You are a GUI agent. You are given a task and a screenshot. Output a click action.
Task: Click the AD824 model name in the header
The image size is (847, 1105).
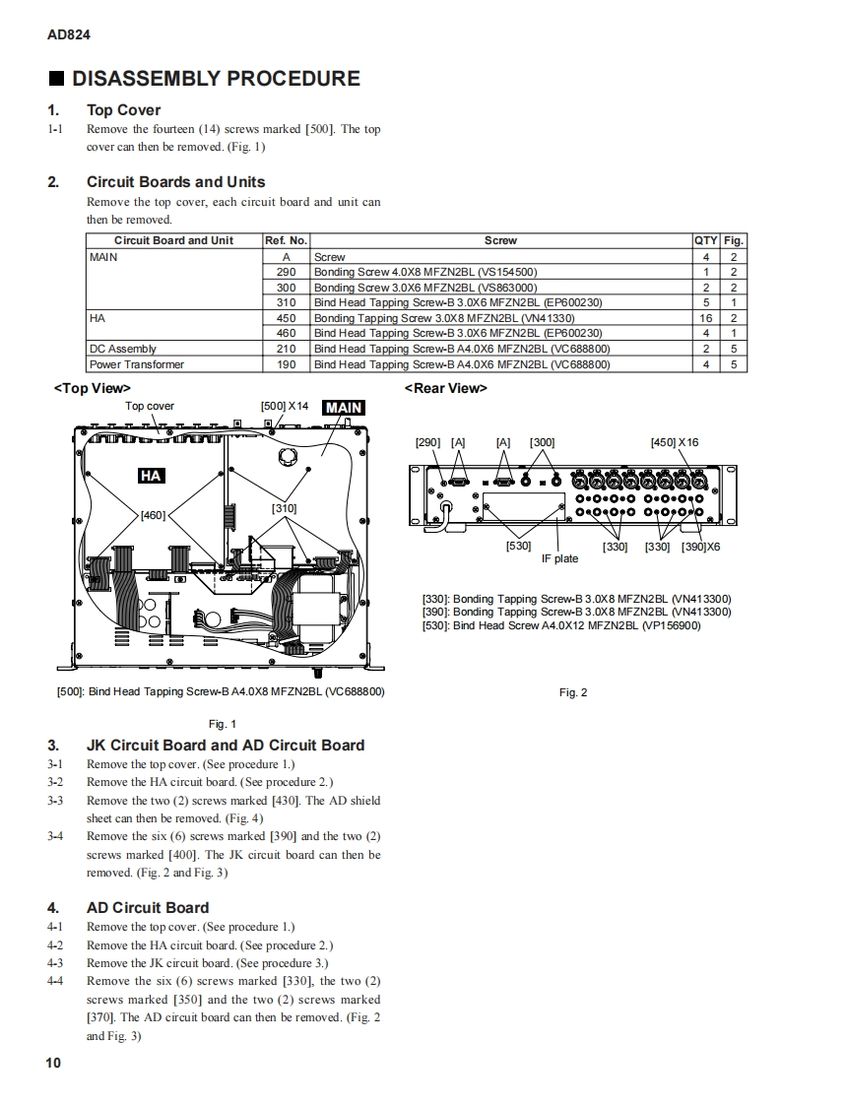[x=69, y=34]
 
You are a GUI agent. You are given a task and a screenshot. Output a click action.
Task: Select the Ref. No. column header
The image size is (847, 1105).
[x=286, y=240]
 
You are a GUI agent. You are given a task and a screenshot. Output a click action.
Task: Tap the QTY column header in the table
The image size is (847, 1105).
[x=706, y=240]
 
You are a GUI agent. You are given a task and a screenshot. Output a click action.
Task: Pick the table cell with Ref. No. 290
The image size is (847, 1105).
[x=286, y=272]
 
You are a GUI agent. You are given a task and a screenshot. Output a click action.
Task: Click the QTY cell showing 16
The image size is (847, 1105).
[x=706, y=318]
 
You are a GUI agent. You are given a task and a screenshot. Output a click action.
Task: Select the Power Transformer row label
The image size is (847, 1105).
[x=137, y=364]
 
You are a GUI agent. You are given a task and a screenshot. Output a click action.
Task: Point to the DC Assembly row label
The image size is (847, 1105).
[x=123, y=349]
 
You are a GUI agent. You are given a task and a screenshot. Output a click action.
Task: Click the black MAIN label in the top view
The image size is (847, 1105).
[x=344, y=407]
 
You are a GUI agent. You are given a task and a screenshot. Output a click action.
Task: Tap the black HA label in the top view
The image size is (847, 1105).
[x=151, y=477]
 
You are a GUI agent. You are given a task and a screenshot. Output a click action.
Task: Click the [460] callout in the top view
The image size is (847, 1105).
[x=153, y=514]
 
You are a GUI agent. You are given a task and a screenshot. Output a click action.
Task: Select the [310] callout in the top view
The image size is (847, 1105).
[x=284, y=508]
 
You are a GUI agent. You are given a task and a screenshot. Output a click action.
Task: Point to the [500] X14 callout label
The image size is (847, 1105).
[x=285, y=406]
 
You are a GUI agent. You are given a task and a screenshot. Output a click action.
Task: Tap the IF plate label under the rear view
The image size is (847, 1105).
[x=559, y=558]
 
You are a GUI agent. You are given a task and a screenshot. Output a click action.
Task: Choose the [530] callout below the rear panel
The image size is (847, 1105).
[x=518, y=546]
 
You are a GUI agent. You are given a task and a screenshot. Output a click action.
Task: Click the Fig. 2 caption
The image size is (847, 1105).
[x=573, y=692]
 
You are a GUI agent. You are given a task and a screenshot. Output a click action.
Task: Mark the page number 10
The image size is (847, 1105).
[x=53, y=1063]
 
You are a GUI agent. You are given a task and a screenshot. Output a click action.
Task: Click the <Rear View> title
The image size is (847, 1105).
[x=445, y=388]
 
